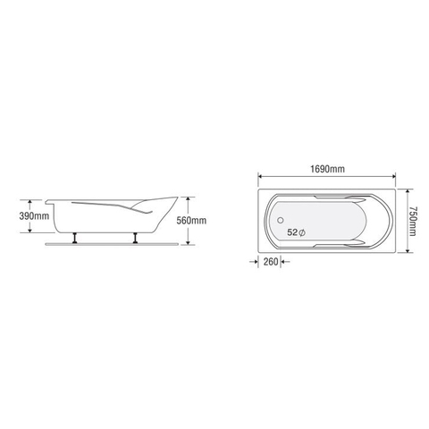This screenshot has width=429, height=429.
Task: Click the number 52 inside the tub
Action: (293, 231)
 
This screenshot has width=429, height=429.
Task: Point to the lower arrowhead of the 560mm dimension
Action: (189, 243)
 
